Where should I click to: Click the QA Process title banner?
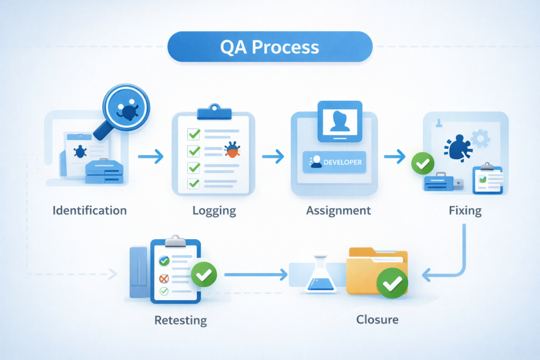pyautogui.click(x=269, y=47)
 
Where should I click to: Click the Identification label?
pyautogui.click(x=90, y=211)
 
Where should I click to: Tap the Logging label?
pyautogui.click(x=214, y=211)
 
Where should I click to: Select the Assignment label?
pyautogui.click(x=339, y=211)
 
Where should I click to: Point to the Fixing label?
pyautogui.click(x=465, y=211)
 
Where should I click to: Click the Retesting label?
pyautogui.click(x=180, y=320)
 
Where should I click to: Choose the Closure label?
pyautogui.click(x=377, y=319)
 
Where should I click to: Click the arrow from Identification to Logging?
pyautogui.click(x=150, y=157)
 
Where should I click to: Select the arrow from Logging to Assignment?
pyautogui.click(x=273, y=156)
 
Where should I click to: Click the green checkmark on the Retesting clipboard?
pyautogui.click(x=204, y=274)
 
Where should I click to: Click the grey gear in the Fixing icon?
pyautogui.click(x=480, y=139)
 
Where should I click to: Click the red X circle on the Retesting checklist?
pyautogui.click(x=164, y=278)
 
